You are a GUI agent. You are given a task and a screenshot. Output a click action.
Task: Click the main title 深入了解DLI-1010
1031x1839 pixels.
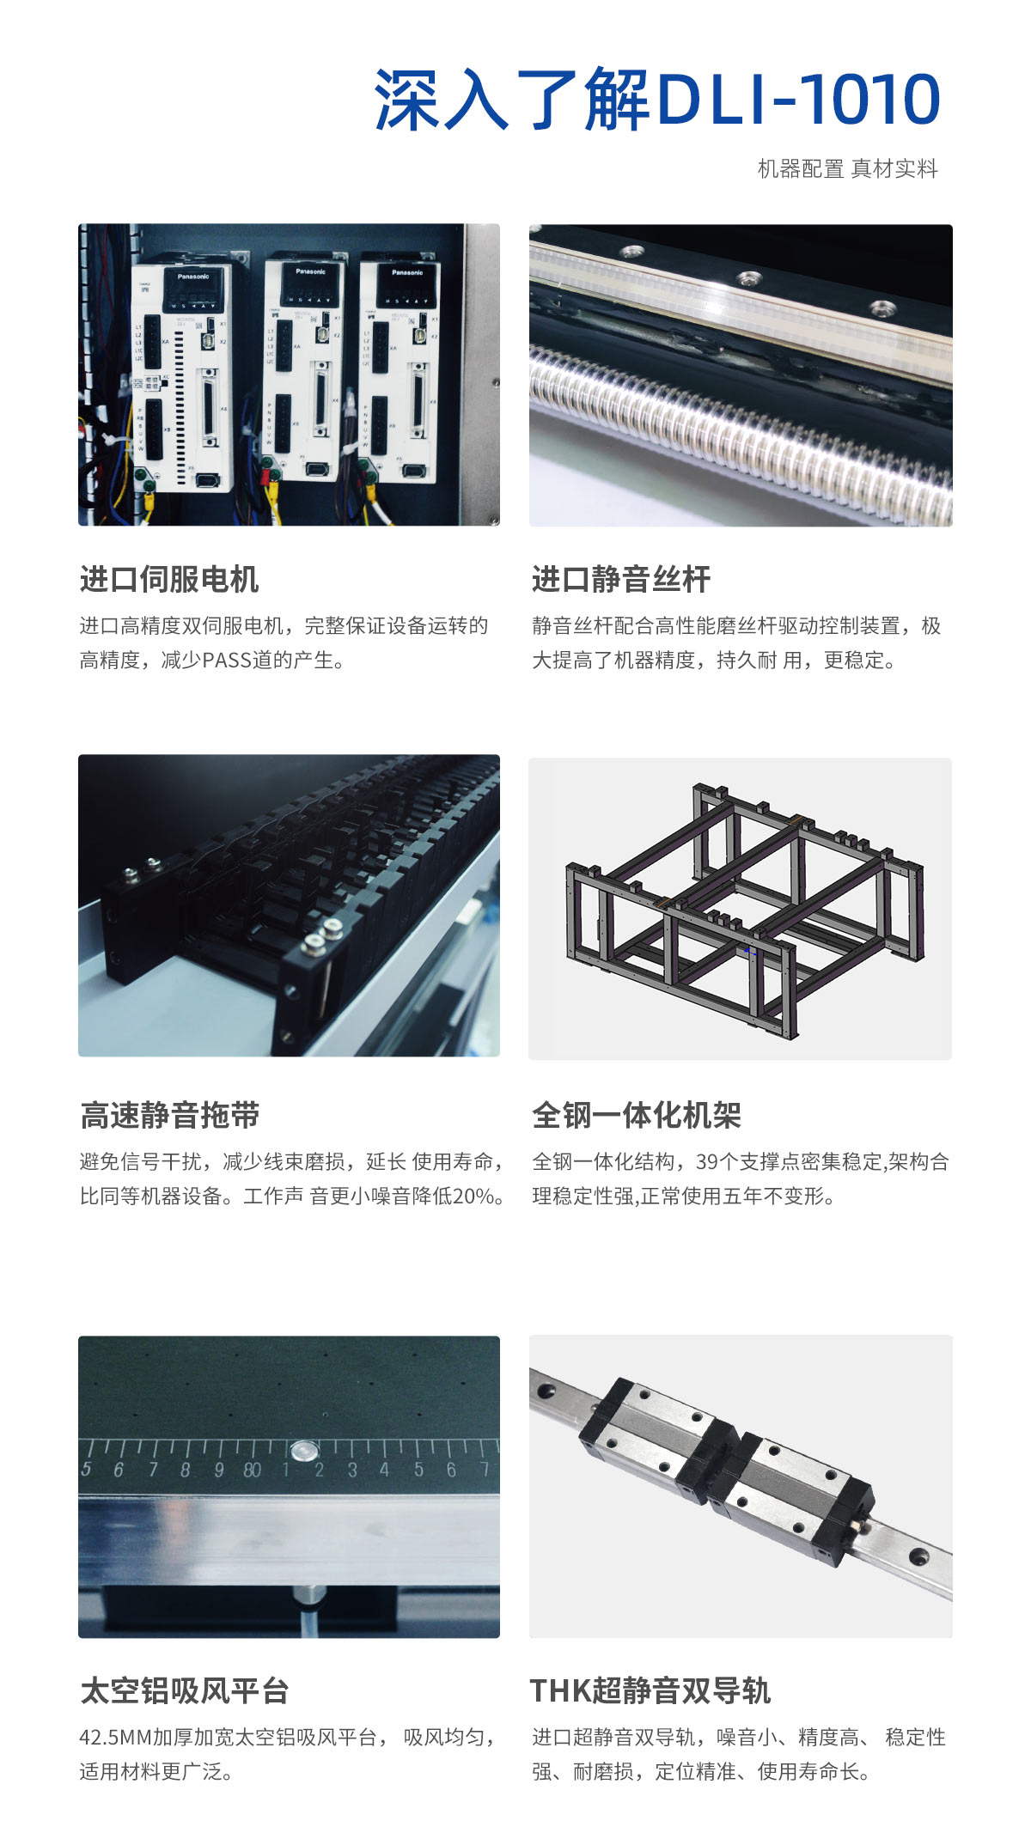[657, 100]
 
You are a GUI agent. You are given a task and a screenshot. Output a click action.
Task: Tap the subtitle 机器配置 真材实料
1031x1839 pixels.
[847, 169]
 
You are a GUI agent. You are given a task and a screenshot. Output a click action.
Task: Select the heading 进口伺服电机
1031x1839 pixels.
[169, 579]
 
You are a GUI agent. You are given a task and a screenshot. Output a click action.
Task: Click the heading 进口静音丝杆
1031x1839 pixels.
[621, 579]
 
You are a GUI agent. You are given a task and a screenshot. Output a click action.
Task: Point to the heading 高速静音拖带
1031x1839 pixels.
[169, 1115]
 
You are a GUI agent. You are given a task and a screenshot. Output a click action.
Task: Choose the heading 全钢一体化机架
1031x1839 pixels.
[636, 1115]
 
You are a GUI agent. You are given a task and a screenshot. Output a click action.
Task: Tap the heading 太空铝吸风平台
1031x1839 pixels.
[184, 1690]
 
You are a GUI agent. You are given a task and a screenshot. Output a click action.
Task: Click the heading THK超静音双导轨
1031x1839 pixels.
[650, 1690]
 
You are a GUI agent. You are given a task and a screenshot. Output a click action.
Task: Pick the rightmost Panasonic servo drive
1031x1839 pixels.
[400, 369]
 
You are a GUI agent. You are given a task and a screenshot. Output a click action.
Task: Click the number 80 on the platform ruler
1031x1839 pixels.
[252, 1471]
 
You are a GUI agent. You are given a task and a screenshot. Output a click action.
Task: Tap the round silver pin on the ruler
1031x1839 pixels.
[302, 1452]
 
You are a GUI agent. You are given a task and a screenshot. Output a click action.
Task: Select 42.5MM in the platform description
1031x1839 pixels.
[116, 1737]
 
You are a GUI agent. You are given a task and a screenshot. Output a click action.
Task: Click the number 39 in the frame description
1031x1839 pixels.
[706, 1161]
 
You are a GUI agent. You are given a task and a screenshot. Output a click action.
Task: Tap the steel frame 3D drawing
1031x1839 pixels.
[744, 909]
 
